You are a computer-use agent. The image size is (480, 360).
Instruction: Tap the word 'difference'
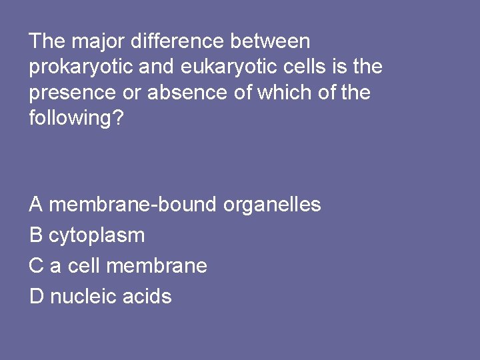click(177, 41)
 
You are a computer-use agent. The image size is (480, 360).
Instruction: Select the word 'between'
click(270, 41)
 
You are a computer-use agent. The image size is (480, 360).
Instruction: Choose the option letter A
click(36, 205)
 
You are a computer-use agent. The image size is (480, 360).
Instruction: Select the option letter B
click(36, 235)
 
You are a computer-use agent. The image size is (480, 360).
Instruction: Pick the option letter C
click(37, 266)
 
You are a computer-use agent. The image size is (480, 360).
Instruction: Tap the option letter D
click(37, 296)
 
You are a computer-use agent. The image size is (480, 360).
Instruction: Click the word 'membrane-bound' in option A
click(133, 205)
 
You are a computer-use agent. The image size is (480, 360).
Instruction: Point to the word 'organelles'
click(272, 205)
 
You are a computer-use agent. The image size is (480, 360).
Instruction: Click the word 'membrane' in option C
click(157, 266)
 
